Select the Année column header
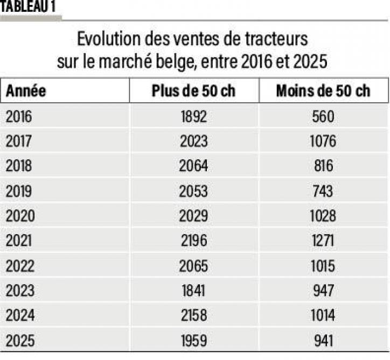(25, 90)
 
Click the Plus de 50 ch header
(194, 90)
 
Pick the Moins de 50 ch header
(323, 90)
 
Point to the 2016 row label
(20, 116)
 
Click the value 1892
(194, 116)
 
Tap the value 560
(323, 116)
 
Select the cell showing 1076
(323, 141)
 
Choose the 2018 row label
(20, 166)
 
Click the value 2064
(194, 166)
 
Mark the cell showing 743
(323, 191)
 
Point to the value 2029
(194, 216)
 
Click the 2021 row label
(20, 241)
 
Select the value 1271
(323, 241)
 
